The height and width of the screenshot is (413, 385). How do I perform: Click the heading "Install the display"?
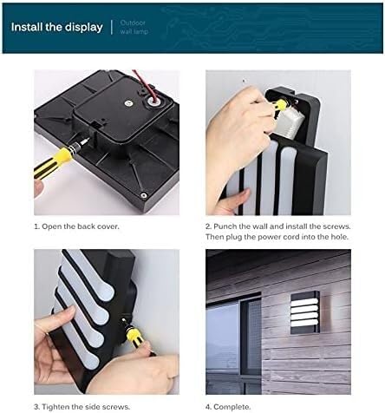[x=57, y=27]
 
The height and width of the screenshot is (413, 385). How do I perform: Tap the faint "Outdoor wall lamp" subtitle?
[x=134, y=27]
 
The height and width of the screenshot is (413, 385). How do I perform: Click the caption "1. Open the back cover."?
[x=76, y=226]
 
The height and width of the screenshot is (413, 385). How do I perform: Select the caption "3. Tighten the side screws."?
[x=82, y=407]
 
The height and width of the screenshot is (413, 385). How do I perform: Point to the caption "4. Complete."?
[x=228, y=407]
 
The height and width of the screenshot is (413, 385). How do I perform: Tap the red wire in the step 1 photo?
[x=146, y=85]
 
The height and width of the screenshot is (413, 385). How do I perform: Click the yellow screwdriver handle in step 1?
[x=52, y=162]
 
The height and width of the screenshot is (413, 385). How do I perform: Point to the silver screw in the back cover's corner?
[x=144, y=195]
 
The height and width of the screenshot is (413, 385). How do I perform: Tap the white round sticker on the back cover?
[x=127, y=102]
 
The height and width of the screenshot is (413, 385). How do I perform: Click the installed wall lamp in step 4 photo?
[x=305, y=313]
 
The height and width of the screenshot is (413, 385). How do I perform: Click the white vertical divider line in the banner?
[x=112, y=27]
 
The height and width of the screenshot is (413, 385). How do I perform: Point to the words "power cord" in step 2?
[x=278, y=237]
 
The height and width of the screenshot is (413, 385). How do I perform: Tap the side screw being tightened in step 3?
[x=124, y=319]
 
